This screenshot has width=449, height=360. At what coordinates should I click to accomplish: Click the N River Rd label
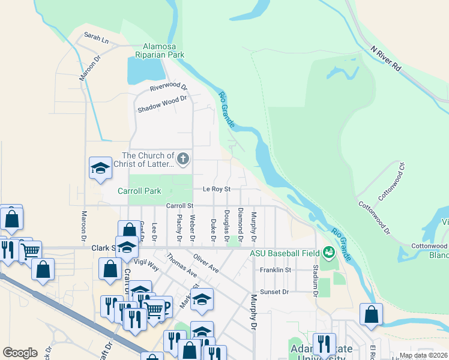point(385,59)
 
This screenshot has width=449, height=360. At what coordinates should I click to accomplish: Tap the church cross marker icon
point(184,160)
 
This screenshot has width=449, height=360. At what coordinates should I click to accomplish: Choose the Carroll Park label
point(139,191)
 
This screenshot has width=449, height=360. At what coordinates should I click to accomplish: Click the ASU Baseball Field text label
point(286,253)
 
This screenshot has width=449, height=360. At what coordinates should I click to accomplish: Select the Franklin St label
point(276,270)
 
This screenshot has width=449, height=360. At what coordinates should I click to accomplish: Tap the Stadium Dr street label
point(315,282)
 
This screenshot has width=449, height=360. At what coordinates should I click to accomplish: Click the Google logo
point(20,353)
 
